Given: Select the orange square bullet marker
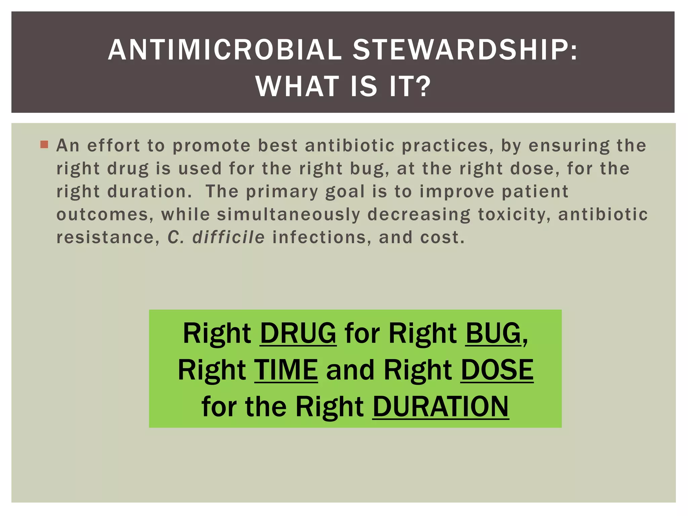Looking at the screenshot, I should pos(44,145).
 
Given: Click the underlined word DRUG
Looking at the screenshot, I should pos(298,333).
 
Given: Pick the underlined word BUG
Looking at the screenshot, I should pos(493,333).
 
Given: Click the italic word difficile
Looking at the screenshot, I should pos(228,237).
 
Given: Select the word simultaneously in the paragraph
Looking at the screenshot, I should pos(289,214).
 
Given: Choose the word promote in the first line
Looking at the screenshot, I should pos(212,145).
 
